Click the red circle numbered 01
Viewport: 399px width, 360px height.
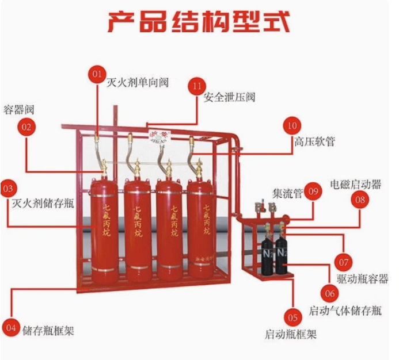click(97, 74)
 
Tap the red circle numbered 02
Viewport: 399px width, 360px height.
click(26, 127)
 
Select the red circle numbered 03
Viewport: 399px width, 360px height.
click(9, 188)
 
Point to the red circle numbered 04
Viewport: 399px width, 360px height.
click(11, 327)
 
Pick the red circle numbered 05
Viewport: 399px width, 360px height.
click(292, 317)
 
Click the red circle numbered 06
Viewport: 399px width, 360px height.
click(329, 293)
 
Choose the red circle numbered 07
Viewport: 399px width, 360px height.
click(344, 262)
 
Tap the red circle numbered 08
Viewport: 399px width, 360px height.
click(360, 200)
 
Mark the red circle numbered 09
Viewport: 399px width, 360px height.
click(313, 192)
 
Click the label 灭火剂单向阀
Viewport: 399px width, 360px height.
click(137, 82)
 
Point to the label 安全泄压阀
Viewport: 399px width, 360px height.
click(229, 97)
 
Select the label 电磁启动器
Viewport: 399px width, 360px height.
click(355, 184)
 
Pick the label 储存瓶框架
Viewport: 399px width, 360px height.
click(48, 331)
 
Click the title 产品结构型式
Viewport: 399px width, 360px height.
click(199, 21)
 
